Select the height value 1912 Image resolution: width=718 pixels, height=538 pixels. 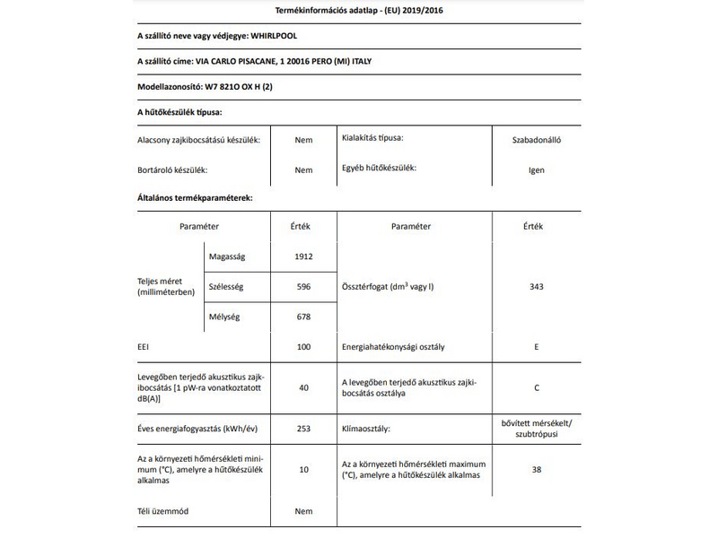pos(303,257)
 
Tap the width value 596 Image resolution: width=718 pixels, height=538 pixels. pos(303,287)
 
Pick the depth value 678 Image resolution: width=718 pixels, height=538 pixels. pos(303,317)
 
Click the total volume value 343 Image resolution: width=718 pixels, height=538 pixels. pos(537,287)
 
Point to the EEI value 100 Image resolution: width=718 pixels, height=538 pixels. pos(303,346)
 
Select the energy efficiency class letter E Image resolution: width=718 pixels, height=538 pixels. pos(537,346)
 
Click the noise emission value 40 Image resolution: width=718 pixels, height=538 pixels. pos(303,388)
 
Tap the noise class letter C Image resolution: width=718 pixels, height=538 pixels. pos(537,388)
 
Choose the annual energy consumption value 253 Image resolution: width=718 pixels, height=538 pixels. pos(303,429)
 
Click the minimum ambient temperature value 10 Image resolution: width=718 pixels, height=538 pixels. pos(303,469)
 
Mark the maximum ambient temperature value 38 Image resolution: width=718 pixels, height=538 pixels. pos(537,469)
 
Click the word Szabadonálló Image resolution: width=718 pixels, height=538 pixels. pos(537,140)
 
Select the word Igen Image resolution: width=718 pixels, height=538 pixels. pos(537,169)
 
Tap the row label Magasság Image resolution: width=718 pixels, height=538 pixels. pos(226,257)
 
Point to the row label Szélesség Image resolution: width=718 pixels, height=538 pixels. pos(226,287)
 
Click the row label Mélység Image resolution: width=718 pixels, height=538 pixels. pos(224,317)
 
